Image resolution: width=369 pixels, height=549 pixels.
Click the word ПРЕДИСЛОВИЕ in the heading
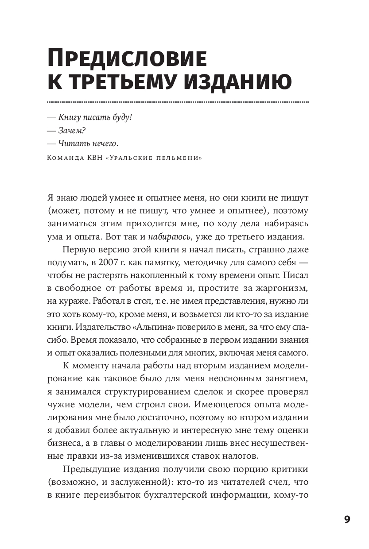tap(127, 59)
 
